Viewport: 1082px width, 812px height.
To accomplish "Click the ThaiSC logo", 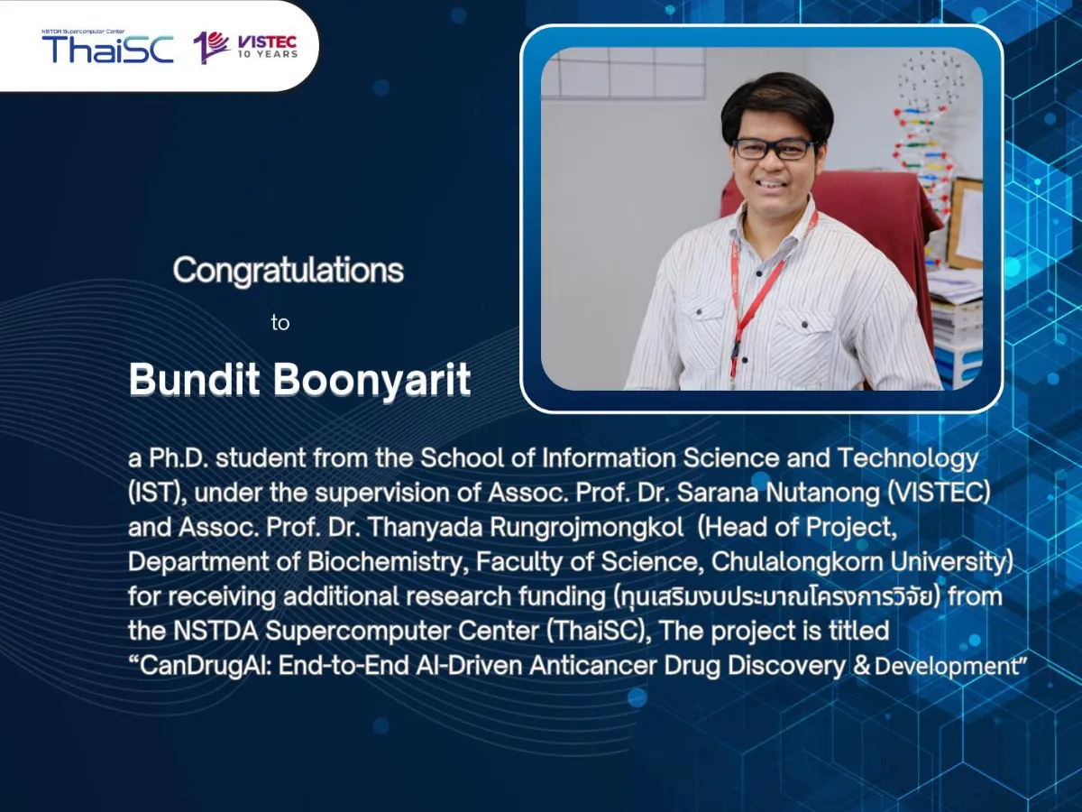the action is coord(107,46).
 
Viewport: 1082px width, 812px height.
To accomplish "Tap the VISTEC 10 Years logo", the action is coord(245,48).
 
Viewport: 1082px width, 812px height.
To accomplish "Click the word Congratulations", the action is coord(289,270).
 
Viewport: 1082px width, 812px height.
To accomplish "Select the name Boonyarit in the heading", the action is coord(372,380).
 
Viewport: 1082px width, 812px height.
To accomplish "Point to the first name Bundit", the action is coord(194,380).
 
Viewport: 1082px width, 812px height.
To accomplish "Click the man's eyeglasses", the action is coord(774,149).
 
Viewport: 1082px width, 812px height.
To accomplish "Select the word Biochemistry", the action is coord(388,562).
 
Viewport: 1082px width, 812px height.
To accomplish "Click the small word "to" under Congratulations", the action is coord(280,323).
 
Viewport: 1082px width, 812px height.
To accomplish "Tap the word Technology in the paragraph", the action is coord(907,459).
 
